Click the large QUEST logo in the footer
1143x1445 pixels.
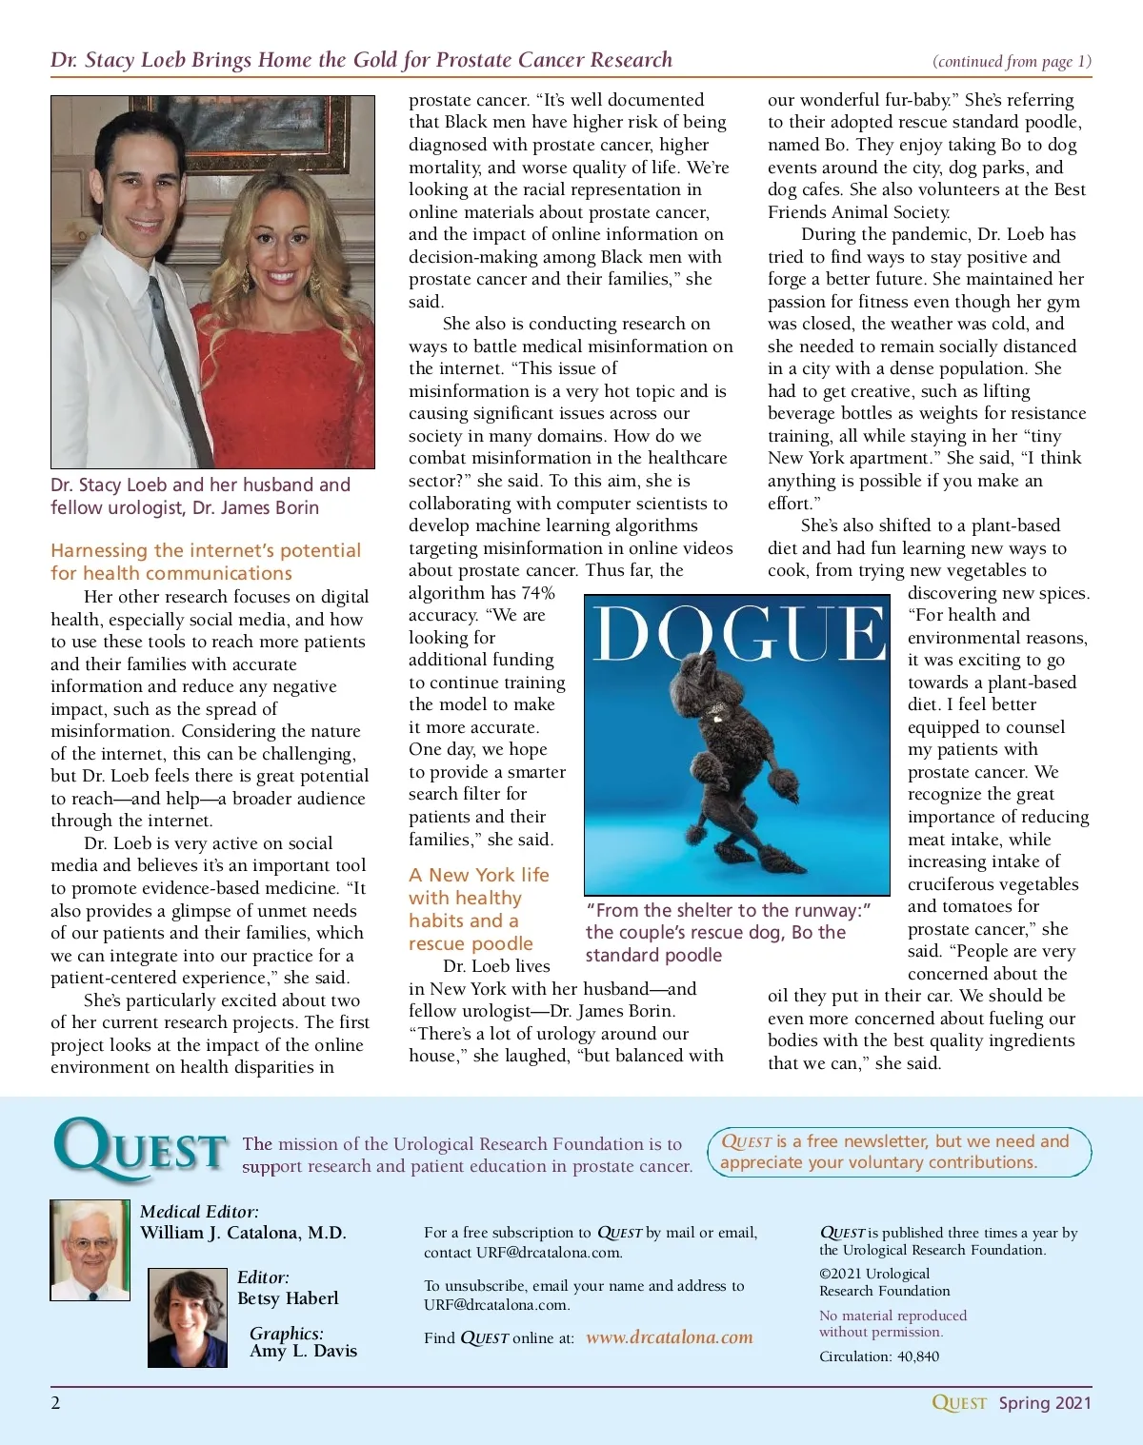click(141, 1149)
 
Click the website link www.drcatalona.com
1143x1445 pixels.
click(669, 1337)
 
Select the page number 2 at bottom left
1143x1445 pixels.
click(55, 1402)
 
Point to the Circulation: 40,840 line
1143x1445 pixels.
click(878, 1356)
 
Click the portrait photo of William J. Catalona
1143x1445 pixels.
click(90, 1249)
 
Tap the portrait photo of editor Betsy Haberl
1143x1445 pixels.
click(188, 1317)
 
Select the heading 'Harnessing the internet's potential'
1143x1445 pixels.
click(206, 550)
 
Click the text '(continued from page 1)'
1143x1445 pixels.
click(1012, 62)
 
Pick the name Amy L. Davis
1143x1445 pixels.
click(303, 1351)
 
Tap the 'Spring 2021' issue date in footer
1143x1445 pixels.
click(1045, 1402)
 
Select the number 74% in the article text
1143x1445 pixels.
click(537, 593)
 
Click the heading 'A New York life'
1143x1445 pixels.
click(479, 875)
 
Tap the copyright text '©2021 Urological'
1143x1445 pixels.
click(874, 1274)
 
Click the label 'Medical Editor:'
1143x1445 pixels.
click(199, 1212)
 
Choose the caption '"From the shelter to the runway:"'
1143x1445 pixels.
click(729, 910)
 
